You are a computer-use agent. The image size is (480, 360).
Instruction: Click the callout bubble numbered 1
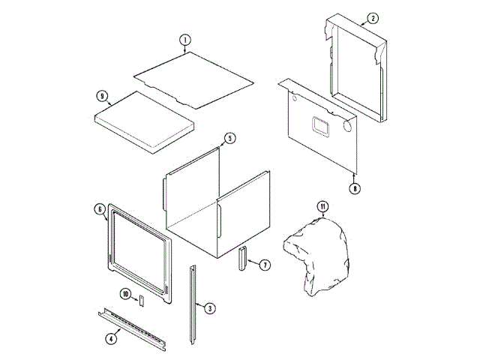(185, 40)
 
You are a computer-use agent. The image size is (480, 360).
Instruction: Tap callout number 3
(210, 307)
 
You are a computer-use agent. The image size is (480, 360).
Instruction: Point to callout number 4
(111, 338)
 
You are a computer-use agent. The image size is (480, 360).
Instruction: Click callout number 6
(100, 209)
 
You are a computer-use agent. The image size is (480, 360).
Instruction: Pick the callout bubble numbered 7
(265, 265)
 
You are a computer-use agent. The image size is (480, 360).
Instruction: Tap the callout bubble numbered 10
(125, 293)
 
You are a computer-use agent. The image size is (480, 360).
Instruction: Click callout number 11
(322, 206)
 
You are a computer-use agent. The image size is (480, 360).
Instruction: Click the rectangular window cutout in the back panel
(322, 126)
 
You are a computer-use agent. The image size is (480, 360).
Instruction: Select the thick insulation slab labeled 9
(143, 120)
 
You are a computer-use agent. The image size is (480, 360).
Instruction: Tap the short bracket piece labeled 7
(241, 259)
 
